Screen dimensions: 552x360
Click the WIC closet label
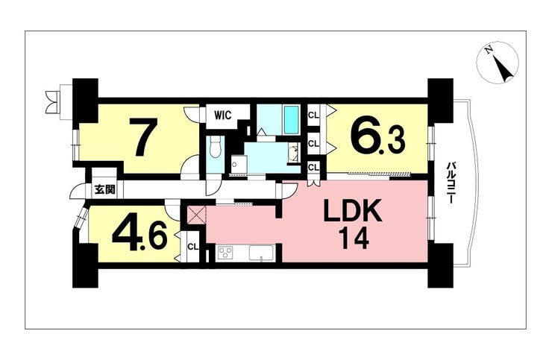click(x=223, y=116)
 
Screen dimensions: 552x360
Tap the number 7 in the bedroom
click(x=143, y=137)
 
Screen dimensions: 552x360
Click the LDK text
click(x=353, y=210)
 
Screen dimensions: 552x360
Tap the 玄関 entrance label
click(x=104, y=190)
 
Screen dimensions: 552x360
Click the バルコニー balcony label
click(x=450, y=182)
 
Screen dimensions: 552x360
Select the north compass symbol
click(x=498, y=63)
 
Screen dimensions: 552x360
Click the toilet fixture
click(x=215, y=148)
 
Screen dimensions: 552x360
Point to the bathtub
click(x=292, y=120)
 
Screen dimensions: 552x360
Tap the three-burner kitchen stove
click(x=226, y=253)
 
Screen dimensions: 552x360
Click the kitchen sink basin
click(x=261, y=253)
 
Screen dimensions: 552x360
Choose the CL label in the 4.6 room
click(x=192, y=247)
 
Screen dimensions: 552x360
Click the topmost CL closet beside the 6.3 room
click(x=313, y=115)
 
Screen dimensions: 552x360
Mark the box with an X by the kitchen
click(x=196, y=215)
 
